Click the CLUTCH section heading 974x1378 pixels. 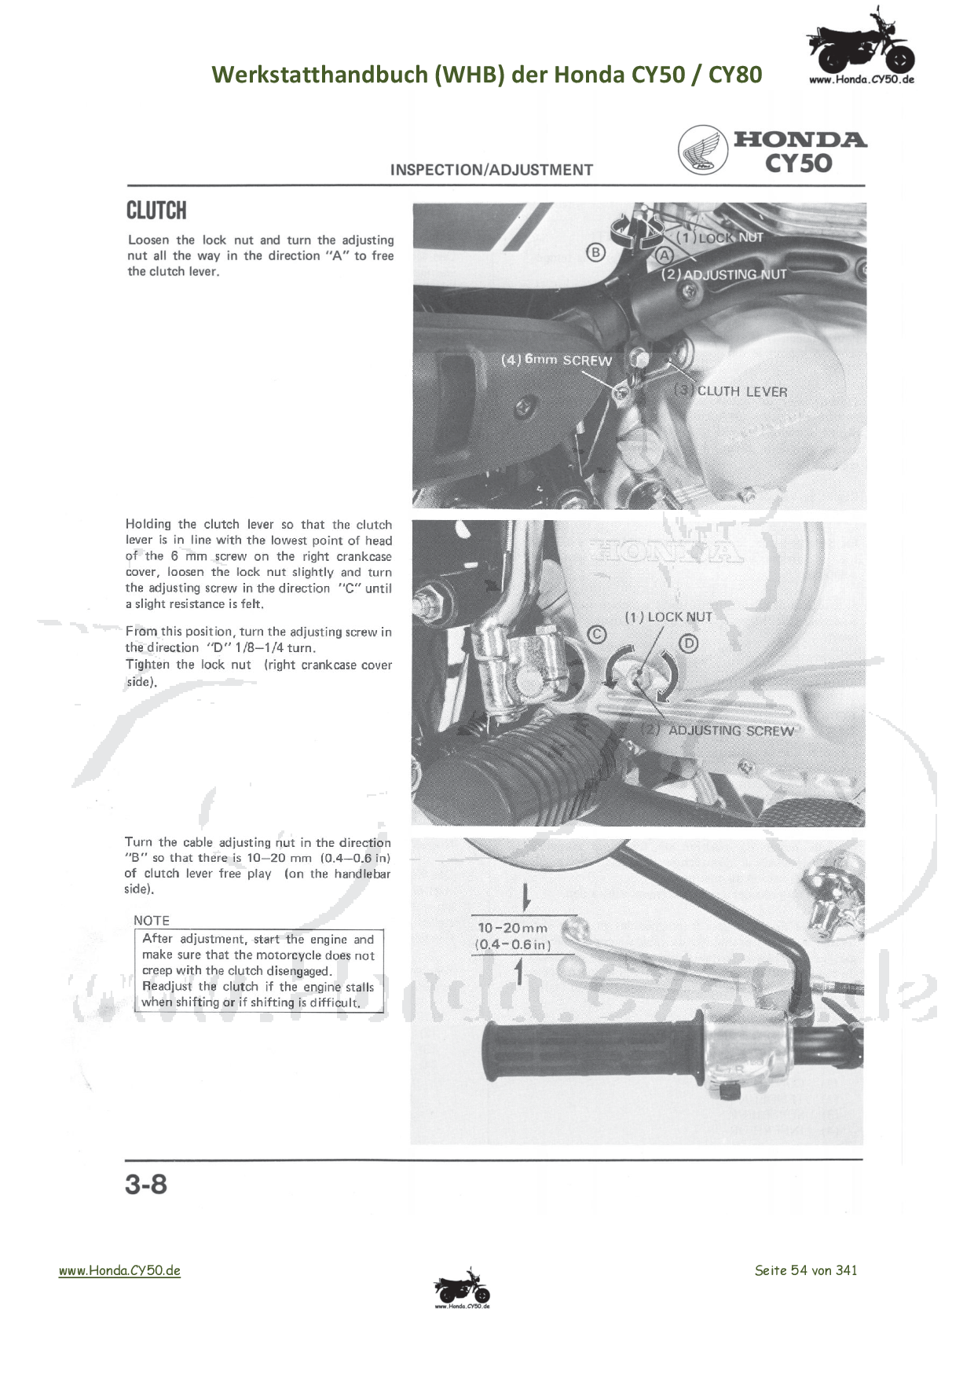pyautogui.click(x=156, y=211)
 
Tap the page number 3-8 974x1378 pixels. pyautogui.click(x=146, y=1184)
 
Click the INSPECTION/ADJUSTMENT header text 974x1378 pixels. pyautogui.click(x=491, y=170)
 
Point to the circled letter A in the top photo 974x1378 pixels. pyautogui.click(x=665, y=255)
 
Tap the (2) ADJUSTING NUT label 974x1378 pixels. pyautogui.click(x=723, y=274)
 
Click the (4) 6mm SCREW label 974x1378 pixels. pyautogui.click(x=556, y=360)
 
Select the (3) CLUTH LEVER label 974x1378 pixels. pyautogui.click(x=730, y=390)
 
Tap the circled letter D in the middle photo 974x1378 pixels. pyautogui.click(x=688, y=644)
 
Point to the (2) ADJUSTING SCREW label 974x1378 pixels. pyautogui.click(x=718, y=730)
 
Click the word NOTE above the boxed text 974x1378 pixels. pyautogui.click(x=152, y=920)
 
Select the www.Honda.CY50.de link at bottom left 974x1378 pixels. pyautogui.click(x=119, y=1270)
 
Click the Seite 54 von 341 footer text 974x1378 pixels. pyautogui.click(x=805, y=1270)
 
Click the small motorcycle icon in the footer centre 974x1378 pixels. pyautogui.click(x=462, y=1288)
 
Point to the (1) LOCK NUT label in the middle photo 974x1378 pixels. pyautogui.click(x=668, y=617)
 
